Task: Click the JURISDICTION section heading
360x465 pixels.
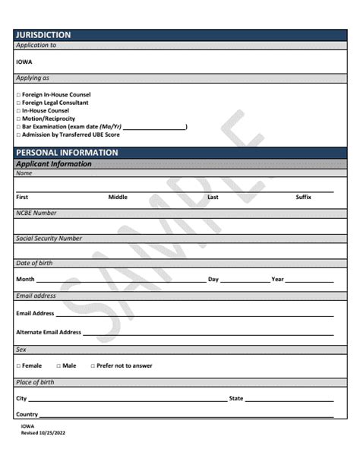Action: [43, 35]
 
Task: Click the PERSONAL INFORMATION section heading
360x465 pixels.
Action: [67, 152]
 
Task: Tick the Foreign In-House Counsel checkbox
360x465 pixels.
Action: [18, 95]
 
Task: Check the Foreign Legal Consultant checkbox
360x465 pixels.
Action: [18, 103]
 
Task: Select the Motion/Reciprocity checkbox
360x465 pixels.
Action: [18, 119]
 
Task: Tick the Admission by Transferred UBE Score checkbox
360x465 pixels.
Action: [18, 134]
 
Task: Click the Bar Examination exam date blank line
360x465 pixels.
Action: [154, 128]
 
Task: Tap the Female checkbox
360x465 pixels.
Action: [18, 365]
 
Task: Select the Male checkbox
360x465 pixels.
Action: [58, 365]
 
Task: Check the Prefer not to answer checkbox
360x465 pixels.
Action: [93, 365]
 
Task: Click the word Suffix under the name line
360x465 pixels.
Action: [303, 197]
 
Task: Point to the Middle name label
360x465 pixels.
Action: [118, 197]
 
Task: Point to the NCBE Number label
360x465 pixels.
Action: [36, 213]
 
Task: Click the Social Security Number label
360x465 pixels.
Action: [49, 239]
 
